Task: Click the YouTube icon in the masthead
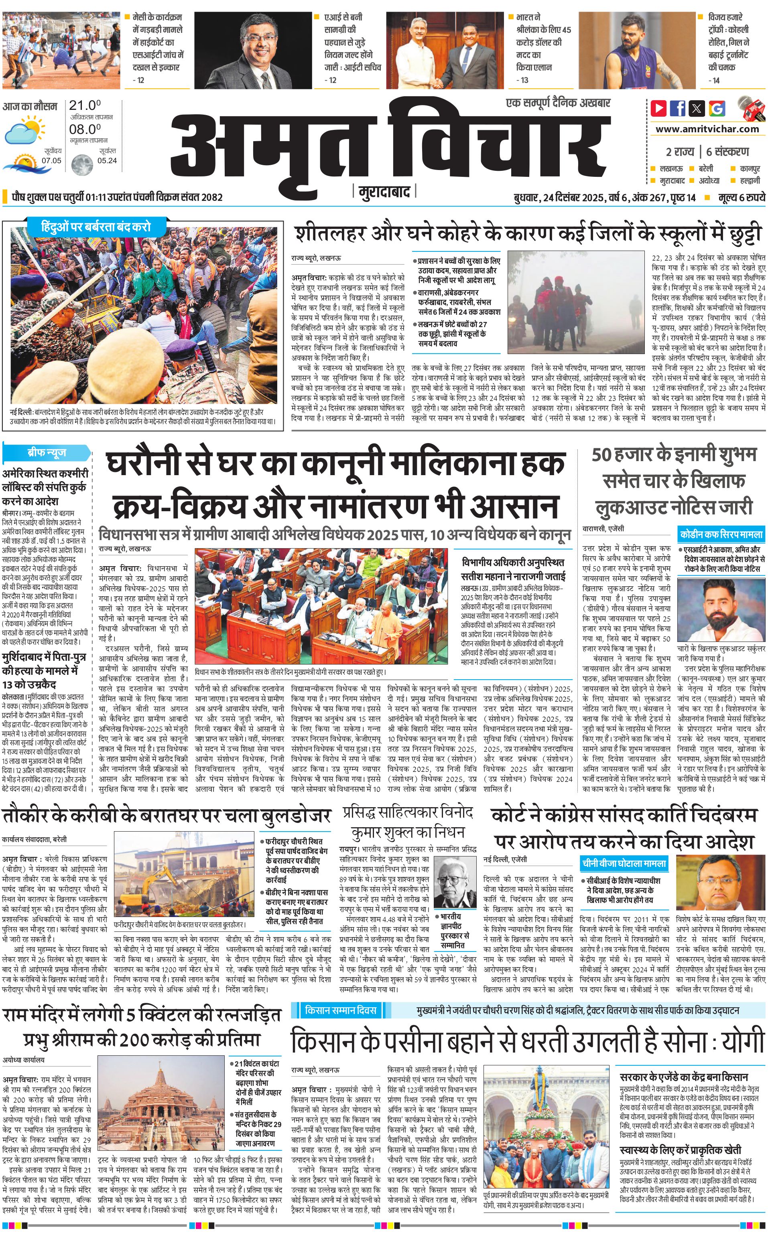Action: (659, 108)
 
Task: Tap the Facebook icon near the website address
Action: (678, 108)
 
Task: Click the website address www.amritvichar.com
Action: (707, 129)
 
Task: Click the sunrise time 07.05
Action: (51, 161)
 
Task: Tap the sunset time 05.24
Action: (107, 161)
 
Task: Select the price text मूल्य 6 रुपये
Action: (741, 197)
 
